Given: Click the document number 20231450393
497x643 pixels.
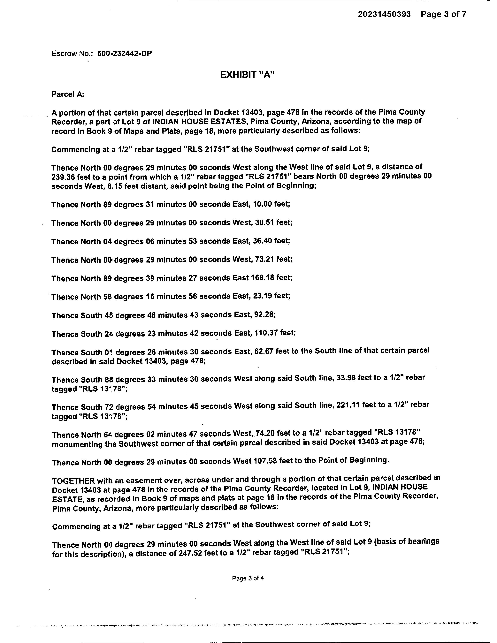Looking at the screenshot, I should coord(384,14).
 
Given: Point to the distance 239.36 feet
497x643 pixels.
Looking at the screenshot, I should coord(72,177).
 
